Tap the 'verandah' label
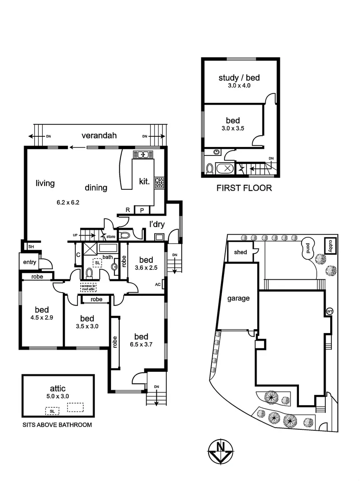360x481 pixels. click(x=99, y=136)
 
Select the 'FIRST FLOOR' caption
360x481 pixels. click(x=244, y=188)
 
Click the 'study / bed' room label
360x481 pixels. click(x=239, y=78)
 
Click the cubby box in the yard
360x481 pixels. click(x=330, y=245)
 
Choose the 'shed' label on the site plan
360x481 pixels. click(x=240, y=252)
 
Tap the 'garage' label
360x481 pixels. click(x=238, y=298)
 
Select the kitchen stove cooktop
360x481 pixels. click(x=159, y=182)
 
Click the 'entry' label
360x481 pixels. click(x=29, y=262)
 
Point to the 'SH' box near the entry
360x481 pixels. click(x=31, y=246)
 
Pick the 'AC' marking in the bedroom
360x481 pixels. click(x=157, y=284)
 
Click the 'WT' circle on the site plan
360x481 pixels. click(x=330, y=310)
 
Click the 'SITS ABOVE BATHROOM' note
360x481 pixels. click(x=57, y=425)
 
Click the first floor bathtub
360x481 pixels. click(x=227, y=168)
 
